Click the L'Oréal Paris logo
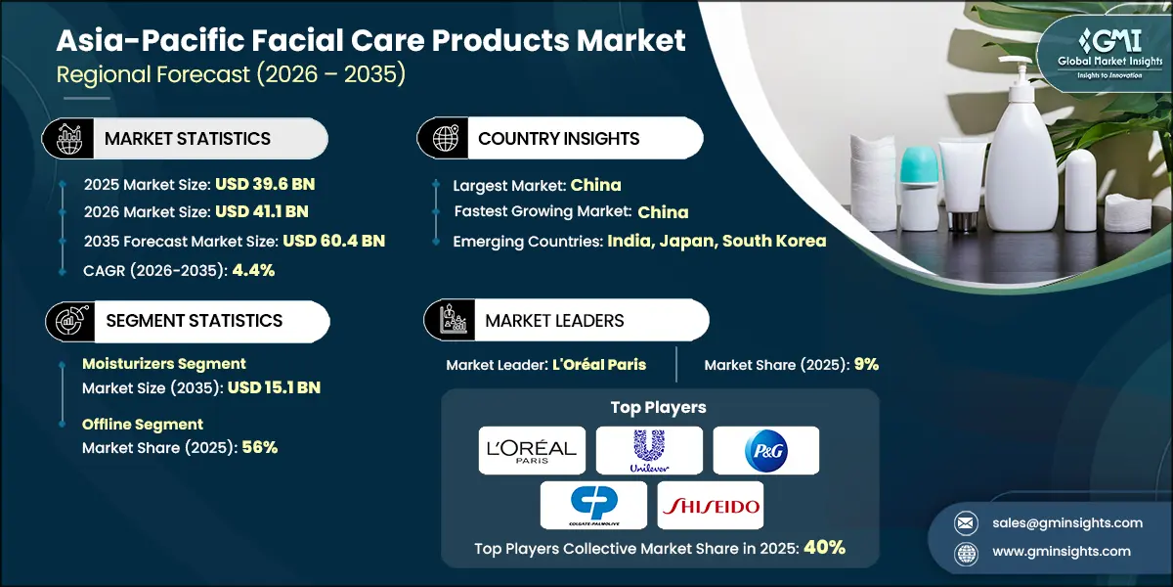(x=533, y=450)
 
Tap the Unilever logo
(x=649, y=450)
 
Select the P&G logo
(x=765, y=450)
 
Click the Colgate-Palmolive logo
(x=593, y=505)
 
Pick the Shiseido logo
(x=710, y=505)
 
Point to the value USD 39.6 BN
(x=268, y=183)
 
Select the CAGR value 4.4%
(x=253, y=270)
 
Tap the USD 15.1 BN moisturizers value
(x=273, y=387)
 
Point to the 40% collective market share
(x=824, y=548)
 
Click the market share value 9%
(x=866, y=364)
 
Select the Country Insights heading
(x=559, y=139)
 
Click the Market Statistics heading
(x=188, y=139)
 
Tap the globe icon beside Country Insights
(x=446, y=138)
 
